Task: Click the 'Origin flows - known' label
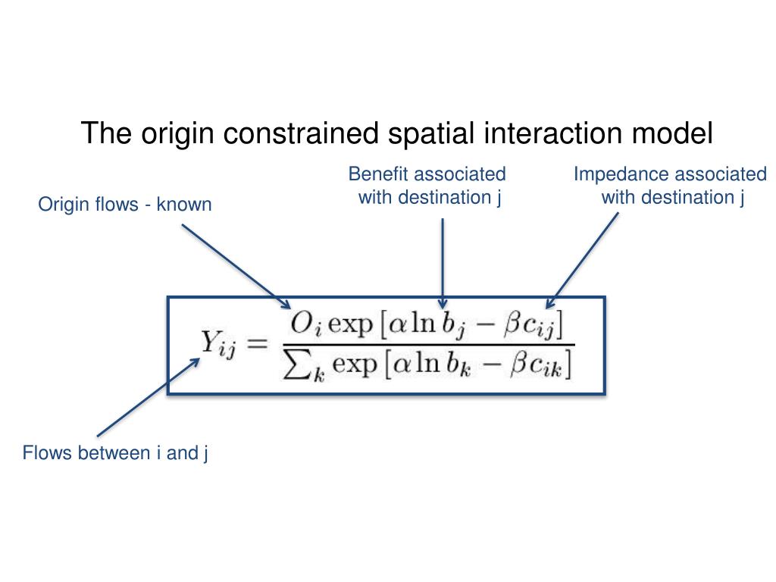pyautogui.click(x=125, y=205)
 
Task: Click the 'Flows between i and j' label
pyautogui.click(x=115, y=453)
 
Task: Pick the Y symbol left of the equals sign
pyautogui.click(x=209, y=344)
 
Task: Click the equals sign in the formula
pyautogui.click(x=257, y=345)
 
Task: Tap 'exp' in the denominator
pyautogui.click(x=355, y=367)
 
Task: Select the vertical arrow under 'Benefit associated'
pyautogui.click(x=443, y=261)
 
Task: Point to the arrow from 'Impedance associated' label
pyautogui.click(x=584, y=258)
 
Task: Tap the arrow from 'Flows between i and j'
pyautogui.click(x=148, y=398)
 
